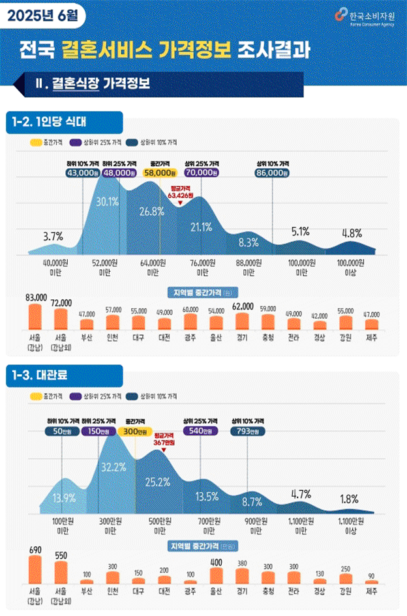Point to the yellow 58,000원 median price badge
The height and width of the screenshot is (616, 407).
pos(160,173)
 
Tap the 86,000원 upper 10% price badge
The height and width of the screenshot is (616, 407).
pos(272,173)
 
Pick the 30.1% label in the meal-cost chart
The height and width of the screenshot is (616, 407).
pos(107,201)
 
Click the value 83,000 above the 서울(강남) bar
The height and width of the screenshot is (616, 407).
pos(35,297)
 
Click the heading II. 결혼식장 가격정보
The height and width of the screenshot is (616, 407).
pos(95,83)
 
